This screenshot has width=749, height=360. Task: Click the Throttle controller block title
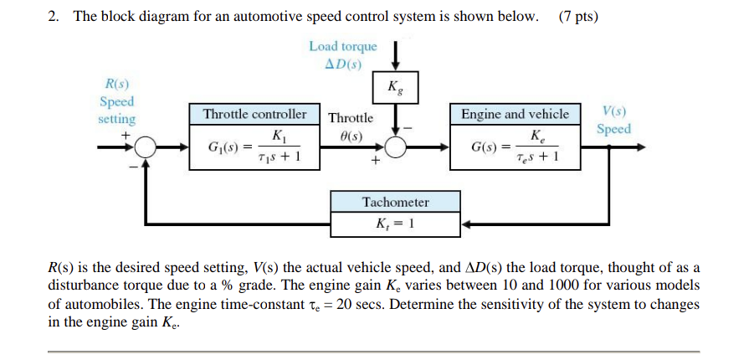tap(254, 114)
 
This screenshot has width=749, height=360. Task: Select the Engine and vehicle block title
tap(515, 114)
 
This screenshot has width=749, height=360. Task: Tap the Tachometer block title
tap(395, 202)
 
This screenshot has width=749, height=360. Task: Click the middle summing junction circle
tap(393, 147)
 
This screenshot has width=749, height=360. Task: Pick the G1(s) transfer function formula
tap(254, 148)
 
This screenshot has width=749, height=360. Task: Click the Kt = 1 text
tap(395, 224)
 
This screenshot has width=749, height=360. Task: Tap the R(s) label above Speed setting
tap(116, 84)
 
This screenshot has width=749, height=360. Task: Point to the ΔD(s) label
tap(342, 64)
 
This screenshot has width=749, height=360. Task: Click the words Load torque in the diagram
tap(343, 47)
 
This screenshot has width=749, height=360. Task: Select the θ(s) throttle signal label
tap(351, 136)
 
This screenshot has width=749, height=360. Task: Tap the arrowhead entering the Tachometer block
tap(466, 224)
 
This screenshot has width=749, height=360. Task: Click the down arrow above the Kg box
tap(393, 59)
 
